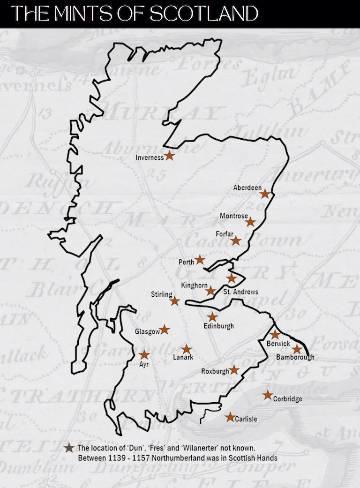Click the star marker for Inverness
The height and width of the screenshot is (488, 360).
click(169, 157)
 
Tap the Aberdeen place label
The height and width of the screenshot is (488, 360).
click(247, 188)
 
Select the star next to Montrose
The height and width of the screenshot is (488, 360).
click(251, 222)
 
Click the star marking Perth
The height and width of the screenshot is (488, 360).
click(200, 259)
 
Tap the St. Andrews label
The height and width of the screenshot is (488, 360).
click(240, 292)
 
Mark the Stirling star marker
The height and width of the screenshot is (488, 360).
click(175, 301)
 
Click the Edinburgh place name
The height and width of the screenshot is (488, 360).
click(218, 326)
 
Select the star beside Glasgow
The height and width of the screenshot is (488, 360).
click(165, 330)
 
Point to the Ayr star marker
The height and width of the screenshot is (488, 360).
click(144, 355)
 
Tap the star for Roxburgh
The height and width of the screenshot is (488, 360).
click(234, 370)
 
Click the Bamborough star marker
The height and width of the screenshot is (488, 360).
click(297, 349)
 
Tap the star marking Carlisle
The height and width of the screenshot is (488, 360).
click(230, 417)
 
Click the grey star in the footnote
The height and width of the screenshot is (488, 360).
click(69, 448)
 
